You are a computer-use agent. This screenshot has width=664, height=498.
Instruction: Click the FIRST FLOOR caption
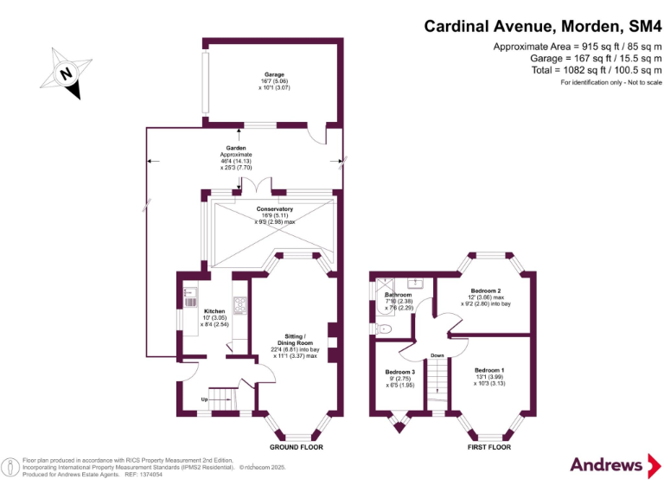(488, 447)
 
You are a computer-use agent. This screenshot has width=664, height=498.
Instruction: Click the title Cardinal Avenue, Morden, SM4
(542, 26)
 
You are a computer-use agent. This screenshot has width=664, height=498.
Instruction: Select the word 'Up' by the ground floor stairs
(204, 400)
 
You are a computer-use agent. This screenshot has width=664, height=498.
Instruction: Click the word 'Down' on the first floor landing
(438, 354)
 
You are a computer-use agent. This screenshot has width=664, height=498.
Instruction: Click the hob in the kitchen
(239, 303)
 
